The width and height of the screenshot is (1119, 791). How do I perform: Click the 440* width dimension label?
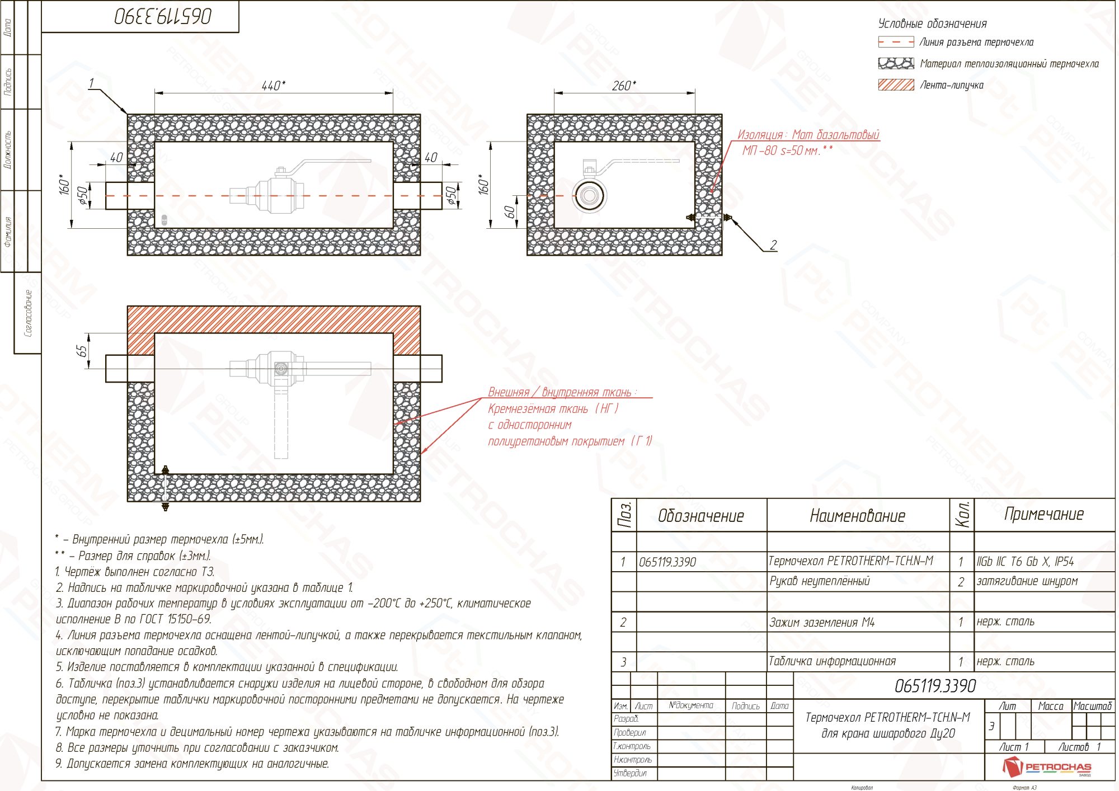274,86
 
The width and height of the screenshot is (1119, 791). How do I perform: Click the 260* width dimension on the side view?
624,86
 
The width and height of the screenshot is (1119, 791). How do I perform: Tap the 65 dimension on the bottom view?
82,351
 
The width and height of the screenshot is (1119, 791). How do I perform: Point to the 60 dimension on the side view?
509,212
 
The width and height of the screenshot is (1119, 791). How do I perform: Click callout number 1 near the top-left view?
92,83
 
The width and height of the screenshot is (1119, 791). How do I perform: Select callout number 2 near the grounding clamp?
773,245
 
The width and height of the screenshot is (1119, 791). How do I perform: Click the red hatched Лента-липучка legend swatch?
896,85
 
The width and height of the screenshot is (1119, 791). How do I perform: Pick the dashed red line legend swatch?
896,42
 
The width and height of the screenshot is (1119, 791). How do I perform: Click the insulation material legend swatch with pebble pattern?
896,63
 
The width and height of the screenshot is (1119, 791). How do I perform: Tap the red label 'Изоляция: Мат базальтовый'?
808,135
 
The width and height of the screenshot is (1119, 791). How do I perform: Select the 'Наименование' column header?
857,516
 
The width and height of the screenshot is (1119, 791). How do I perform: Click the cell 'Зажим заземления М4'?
821,622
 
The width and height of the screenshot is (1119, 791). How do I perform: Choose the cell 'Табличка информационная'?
832,661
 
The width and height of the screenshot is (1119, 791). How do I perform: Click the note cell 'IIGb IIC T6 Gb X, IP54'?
1025,561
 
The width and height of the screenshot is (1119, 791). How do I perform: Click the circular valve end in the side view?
589,196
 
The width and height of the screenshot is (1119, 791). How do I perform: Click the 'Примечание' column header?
1044,514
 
